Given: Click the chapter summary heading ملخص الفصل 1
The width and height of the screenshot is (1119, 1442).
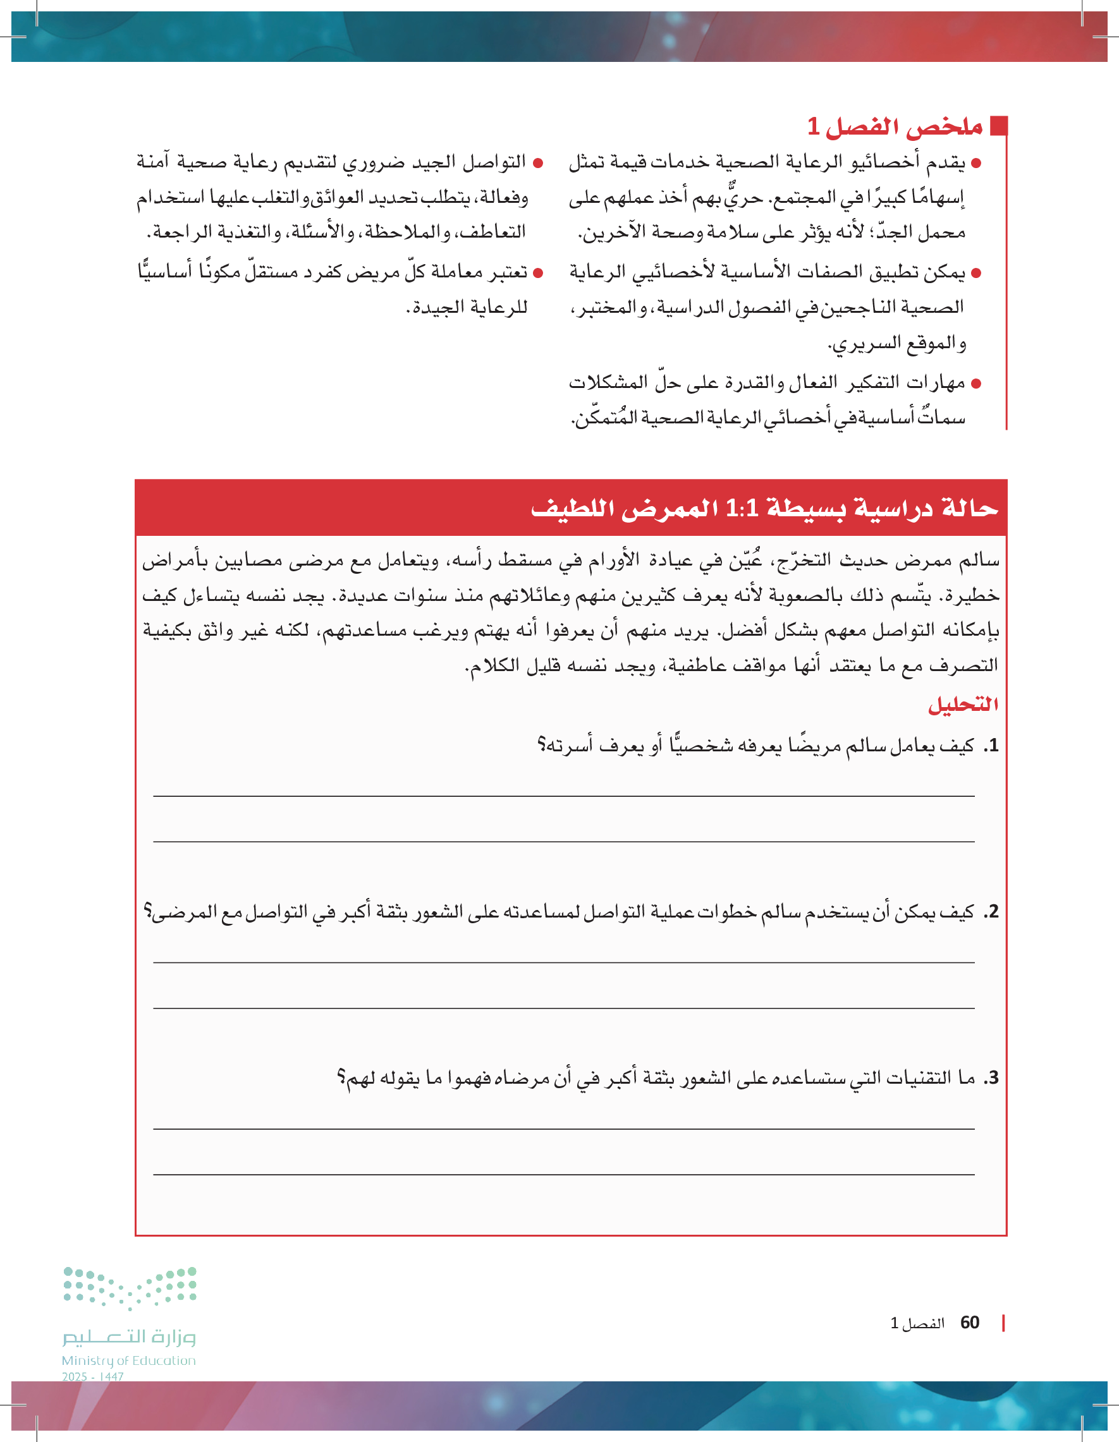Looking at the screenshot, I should point(895,126).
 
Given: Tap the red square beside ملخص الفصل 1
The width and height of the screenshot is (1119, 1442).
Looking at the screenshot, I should point(1000,126).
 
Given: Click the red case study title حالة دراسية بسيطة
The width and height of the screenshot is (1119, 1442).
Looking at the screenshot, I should point(764,508).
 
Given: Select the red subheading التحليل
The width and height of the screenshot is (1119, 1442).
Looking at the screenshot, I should point(962,705).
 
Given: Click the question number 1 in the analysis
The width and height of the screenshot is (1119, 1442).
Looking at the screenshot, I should point(991,746).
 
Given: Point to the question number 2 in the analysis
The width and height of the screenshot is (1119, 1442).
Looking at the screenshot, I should point(991,912).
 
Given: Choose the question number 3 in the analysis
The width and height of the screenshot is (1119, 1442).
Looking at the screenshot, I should point(991,1078).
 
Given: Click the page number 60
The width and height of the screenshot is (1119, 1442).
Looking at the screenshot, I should point(970,1323).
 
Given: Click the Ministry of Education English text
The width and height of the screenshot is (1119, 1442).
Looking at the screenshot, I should point(129,1360).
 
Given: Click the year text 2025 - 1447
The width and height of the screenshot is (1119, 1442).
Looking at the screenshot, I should point(92,1377).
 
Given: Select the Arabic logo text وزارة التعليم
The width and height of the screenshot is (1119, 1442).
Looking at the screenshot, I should point(130,1337).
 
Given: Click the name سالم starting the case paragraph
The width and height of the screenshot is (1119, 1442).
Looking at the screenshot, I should point(981,560).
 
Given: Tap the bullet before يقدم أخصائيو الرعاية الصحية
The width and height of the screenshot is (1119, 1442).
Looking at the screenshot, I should point(976,162).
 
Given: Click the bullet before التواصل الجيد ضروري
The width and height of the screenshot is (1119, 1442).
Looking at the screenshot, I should point(538,162).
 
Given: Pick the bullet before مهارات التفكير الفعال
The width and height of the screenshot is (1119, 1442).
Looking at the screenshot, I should point(976,383).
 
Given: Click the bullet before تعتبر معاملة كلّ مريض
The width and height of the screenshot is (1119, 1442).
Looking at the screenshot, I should point(538,273).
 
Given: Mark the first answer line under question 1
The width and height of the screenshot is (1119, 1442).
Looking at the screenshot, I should point(563,796).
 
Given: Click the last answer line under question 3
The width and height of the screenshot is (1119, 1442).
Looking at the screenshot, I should point(563,1175).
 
